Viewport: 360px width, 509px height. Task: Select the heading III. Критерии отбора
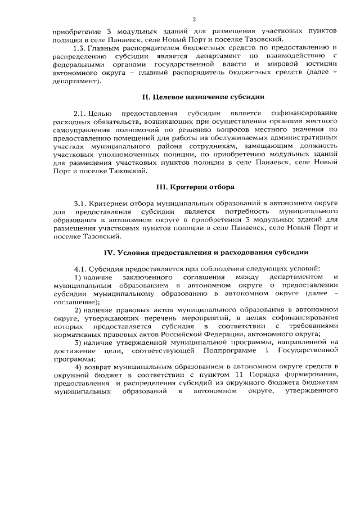195,186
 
